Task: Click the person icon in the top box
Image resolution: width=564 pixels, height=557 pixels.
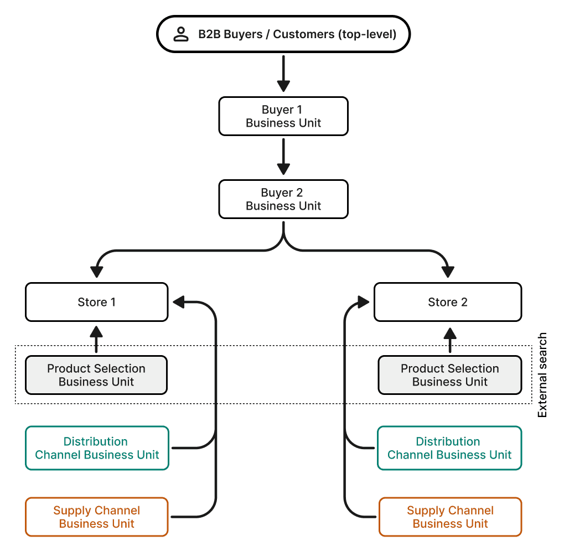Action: click(181, 34)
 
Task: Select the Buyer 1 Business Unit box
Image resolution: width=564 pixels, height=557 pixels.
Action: click(283, 116)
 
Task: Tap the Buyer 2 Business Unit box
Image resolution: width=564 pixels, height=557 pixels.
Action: click(283, 199)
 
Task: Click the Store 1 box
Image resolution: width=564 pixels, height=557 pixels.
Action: click(97, 302)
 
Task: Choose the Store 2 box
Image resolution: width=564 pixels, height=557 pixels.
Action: click(448, 302)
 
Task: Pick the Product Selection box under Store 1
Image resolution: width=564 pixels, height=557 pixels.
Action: click(96, 375)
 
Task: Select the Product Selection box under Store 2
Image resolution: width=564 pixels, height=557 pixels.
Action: click(450, 375)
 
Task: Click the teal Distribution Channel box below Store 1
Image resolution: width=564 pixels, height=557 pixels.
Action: click(97, 448)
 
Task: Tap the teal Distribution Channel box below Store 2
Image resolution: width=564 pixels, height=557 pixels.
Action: click(449, 448)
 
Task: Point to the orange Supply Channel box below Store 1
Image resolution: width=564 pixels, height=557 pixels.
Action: click(97, 517)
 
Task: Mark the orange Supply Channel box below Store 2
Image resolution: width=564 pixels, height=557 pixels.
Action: click(451, 517)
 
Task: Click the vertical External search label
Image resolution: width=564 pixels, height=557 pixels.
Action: click(542, 375)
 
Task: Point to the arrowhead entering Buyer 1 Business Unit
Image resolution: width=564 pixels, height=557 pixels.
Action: click(283, 86)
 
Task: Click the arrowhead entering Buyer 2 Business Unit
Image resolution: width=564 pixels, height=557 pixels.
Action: click(283, 169)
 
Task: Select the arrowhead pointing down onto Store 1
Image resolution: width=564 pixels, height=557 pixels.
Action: click(97, 272)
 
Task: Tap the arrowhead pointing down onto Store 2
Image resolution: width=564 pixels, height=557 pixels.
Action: click(448, 272)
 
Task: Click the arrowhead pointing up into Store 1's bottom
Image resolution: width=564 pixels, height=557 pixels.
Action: click(96, 332)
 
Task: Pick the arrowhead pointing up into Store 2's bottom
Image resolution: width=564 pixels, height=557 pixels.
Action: click(450, 334)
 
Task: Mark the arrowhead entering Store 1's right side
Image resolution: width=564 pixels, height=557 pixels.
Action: click(179, 302)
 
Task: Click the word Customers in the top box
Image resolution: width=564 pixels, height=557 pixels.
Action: click(304, 34)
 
